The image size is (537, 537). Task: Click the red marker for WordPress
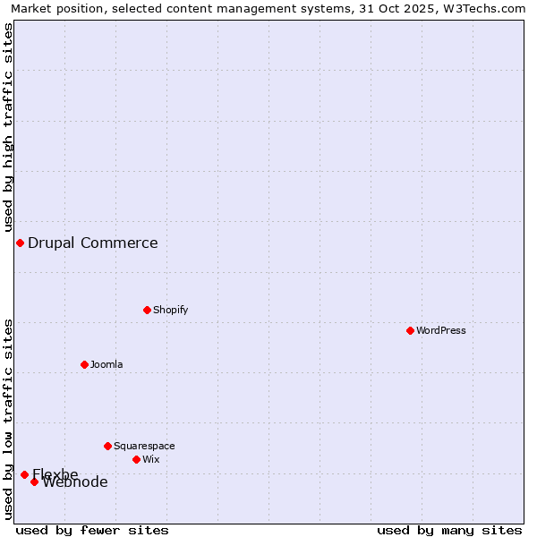point(410,330)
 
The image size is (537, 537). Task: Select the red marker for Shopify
point(147,310)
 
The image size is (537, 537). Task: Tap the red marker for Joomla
point(84,364)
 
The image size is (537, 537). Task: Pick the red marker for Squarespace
point(107,446)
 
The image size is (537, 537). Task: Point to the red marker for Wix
point(136,459)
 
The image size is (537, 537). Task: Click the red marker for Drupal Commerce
point(20,243)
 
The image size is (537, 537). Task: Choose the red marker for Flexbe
point(24,474)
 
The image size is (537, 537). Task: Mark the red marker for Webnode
point(34,482)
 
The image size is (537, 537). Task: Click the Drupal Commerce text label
point(93,243)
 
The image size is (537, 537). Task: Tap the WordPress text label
point(441,330)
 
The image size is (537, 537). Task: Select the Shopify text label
point(171,310)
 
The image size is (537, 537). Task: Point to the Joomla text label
point(107,364)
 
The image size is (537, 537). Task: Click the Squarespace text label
point(144,446)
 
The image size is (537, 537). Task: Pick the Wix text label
point(151,459)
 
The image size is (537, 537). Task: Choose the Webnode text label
point(75,482)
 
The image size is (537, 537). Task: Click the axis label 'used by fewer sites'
point(92,530)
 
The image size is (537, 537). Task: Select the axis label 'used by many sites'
point(449,530)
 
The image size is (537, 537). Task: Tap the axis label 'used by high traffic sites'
point(8,127)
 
